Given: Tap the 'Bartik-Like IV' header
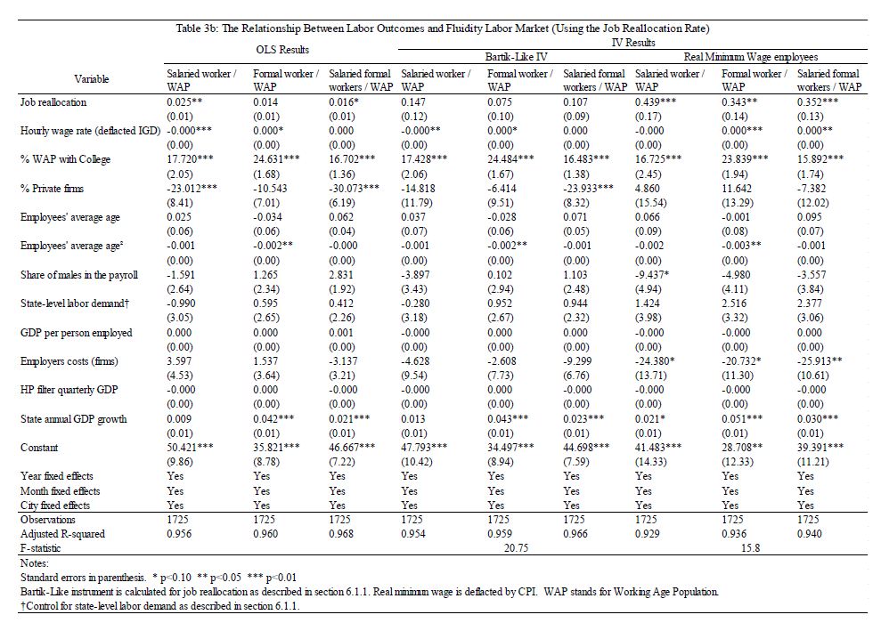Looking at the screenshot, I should click(516, 56).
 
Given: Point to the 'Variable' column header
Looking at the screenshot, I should click(92, 79).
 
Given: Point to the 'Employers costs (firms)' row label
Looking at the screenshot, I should click(69, 361).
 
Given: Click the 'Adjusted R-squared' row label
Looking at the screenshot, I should click(62, 534).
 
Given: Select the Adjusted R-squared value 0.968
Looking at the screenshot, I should click(342, 534).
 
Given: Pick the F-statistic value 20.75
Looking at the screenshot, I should click(517, 548).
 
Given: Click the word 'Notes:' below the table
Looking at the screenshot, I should click(33, 562).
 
